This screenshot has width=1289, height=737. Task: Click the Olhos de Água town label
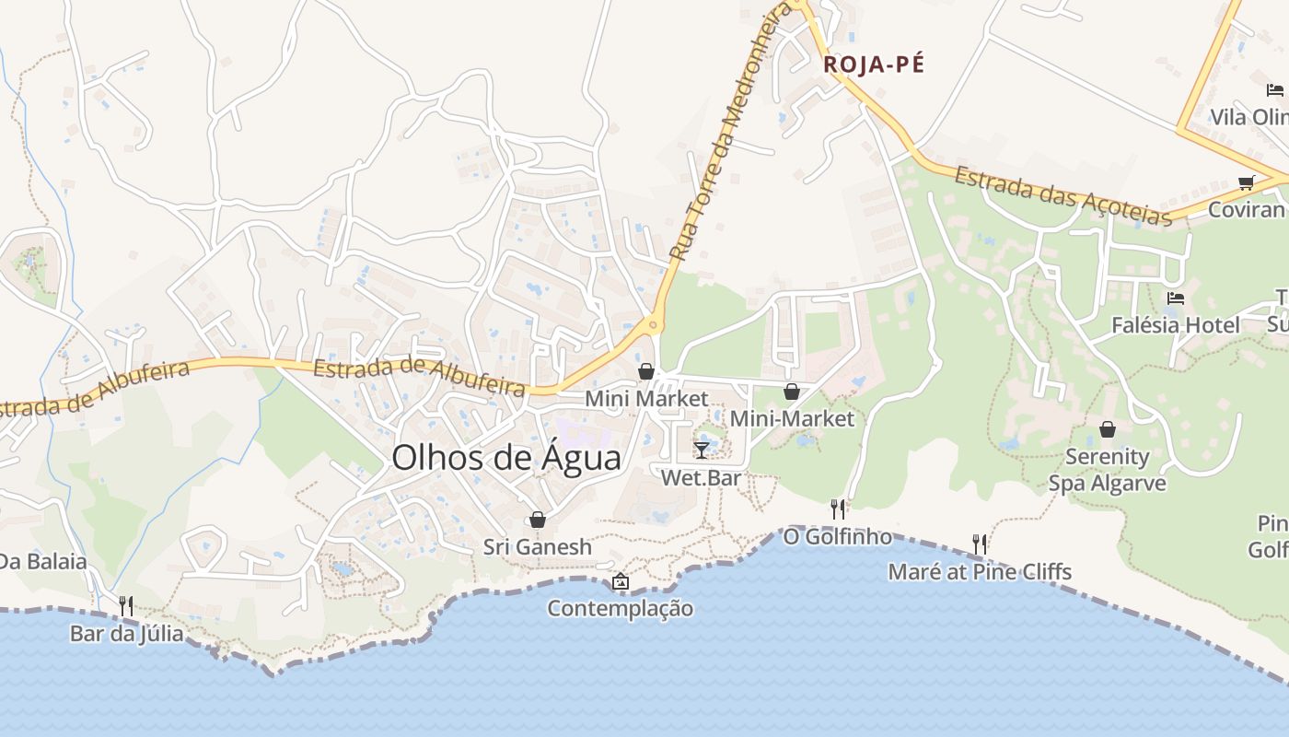(x=506, y=458)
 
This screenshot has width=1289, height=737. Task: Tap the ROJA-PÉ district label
(x=874, y=64)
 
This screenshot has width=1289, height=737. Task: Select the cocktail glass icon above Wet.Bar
(x=702, y=450)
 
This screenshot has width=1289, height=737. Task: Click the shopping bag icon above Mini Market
(x=646, y=371)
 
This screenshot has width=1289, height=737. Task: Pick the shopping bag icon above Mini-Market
(x=791, y=392)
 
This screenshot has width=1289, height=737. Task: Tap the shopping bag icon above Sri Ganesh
(x=538, y=520)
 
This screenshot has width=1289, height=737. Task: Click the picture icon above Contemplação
(x=621, y=581)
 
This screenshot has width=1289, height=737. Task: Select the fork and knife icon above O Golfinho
(x=838, y=509)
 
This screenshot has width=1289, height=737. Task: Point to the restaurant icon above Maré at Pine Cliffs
(x=980, y=544)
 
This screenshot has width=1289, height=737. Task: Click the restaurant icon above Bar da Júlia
(x=126, y=605)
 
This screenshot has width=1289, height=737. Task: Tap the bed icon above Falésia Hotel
(x=1175, y=298)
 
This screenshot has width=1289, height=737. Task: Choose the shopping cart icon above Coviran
(x=1247, y=182)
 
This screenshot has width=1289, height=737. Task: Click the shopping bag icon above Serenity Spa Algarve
(x=1108, y=429)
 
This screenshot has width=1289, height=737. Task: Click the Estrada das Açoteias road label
(x=1063, y=195)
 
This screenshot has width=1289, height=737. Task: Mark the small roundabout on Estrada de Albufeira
(x=653, y=323)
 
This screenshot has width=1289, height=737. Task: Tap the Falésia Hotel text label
(x=1175, y=325)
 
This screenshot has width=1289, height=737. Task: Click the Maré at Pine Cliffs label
(x=980, y=572)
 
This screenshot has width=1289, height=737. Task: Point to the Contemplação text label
(x=620, y=609)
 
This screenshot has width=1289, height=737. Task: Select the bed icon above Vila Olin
(x=1274, y=89)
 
